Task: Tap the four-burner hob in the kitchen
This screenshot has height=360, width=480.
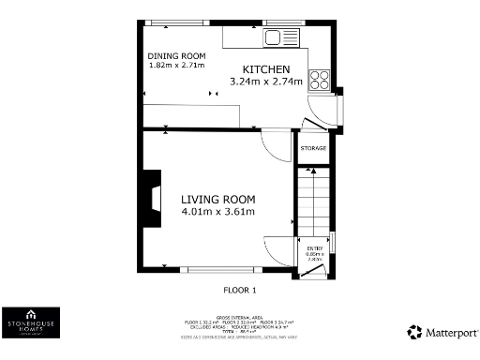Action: tap(320, 80)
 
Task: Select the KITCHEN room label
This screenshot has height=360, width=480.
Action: tap(267, 70)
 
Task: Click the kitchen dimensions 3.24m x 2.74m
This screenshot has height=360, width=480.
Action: tap(267, 82)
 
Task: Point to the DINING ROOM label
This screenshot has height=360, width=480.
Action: tap(177, 54)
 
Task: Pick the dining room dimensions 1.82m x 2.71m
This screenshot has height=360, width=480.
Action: tap(177, 65)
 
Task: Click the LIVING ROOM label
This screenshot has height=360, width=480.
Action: tap(218, 199)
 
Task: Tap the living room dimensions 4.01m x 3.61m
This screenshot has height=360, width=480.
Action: tap(218, 212)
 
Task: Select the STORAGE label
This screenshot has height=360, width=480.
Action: tap(313, 149)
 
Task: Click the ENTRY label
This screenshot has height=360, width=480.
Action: tap(314, 247)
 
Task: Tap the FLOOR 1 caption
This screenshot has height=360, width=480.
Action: tap(240, 290)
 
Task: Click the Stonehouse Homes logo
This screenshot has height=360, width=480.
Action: tap(31, 322)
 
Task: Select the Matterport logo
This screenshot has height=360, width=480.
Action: tap(442, 332)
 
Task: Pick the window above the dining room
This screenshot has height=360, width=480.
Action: tap(165, 22)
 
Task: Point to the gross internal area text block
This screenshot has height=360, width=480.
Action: tap(242, 325)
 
